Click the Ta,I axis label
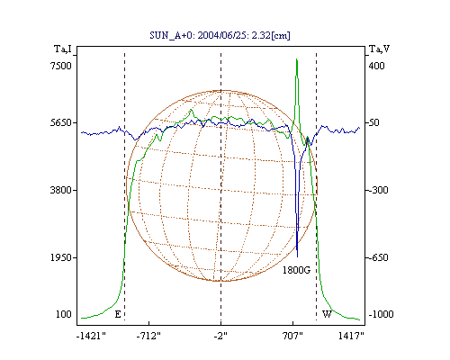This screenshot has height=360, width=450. (63, 49)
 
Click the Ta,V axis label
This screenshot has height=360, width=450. (379, 49)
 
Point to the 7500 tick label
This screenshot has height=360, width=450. (61, 66)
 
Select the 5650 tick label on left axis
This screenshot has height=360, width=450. (61, 122)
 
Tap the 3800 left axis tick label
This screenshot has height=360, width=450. (61, 190)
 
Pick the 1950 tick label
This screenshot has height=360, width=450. (61, 257)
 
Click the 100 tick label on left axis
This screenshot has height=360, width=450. (64, 314)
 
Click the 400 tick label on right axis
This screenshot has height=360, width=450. (376, 66)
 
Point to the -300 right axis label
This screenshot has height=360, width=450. (378, 190)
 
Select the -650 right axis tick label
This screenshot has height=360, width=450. (378, 257)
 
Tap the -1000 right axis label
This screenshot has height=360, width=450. (381, 314)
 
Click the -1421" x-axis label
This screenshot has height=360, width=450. (91, 336)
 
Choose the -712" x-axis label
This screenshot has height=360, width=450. (148, 336)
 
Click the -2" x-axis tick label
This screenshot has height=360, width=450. (220, 336)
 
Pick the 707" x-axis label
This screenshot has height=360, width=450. (292, 336)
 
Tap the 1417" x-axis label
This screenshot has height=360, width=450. (351, 336)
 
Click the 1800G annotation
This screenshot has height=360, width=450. (296, 270)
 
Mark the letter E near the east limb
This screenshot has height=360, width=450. (118, 314)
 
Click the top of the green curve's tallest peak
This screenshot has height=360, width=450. (297, 59)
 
